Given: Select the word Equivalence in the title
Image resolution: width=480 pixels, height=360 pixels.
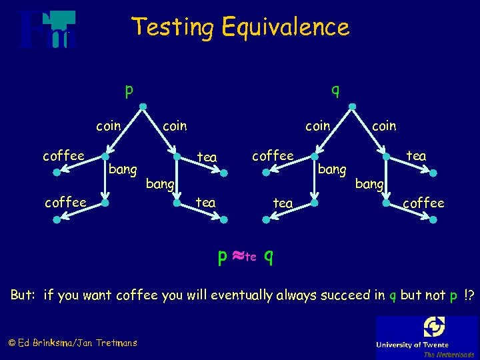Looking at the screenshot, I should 285,27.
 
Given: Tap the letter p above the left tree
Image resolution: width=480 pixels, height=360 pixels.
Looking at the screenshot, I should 129,89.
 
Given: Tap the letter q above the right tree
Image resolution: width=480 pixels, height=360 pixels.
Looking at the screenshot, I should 336,89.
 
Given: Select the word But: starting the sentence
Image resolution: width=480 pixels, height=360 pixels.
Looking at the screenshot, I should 24,295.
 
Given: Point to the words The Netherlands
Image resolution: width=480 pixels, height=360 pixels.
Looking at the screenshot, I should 449,355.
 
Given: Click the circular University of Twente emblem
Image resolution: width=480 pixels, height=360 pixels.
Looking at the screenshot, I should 434,327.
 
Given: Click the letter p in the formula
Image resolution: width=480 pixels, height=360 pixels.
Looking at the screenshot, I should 223,255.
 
